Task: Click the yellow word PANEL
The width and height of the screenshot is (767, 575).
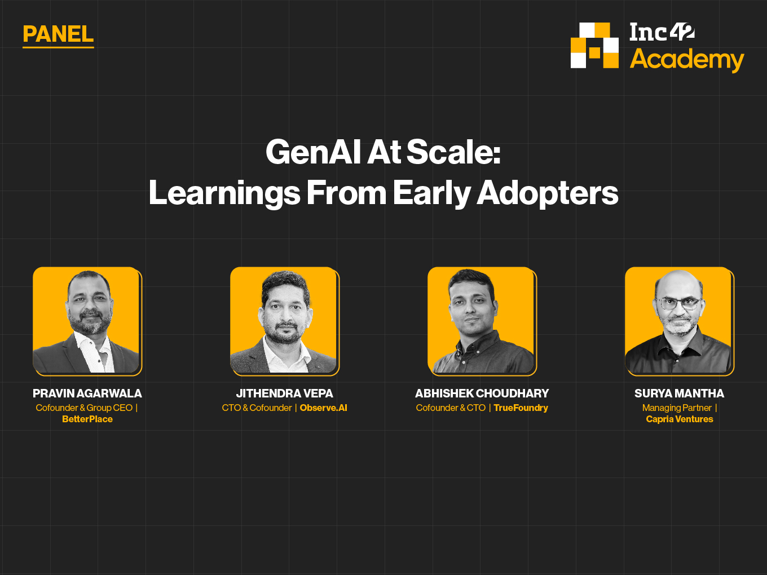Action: [x=58, y=34]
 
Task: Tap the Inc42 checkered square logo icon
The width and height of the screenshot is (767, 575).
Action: [x=594, y=46]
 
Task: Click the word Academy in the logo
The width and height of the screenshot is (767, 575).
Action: [x=687, y=60]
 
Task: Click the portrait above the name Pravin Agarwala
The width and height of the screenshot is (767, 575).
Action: [x=87, y=321]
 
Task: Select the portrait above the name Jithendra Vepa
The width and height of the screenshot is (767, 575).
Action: [x=285, y=321]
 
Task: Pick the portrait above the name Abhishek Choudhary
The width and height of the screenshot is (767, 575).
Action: [x=482, y=321]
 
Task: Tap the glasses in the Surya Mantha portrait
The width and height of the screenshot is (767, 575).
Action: [x=678, y=304]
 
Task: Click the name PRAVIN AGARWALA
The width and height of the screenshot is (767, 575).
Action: [x=87, y=393]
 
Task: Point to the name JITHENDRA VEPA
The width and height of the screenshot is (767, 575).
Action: [x=284, y=393]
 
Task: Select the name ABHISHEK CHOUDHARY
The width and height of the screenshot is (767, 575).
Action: [x=482, y=393]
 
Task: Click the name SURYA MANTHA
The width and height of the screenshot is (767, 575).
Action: [x=679, y=393]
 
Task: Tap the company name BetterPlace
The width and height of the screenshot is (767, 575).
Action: [x=87, y=419]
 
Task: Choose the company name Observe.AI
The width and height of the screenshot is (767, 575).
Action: [x=324, y=408]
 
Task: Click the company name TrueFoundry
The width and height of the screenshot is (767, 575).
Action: [x=521, y=408]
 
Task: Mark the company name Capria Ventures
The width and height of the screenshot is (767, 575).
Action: [x=679, y=419]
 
